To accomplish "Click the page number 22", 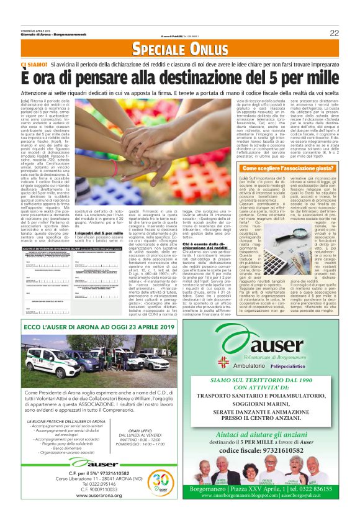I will pos(334,33).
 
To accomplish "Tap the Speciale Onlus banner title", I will pos(180,50).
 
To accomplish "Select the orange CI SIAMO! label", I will pos(34,64).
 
